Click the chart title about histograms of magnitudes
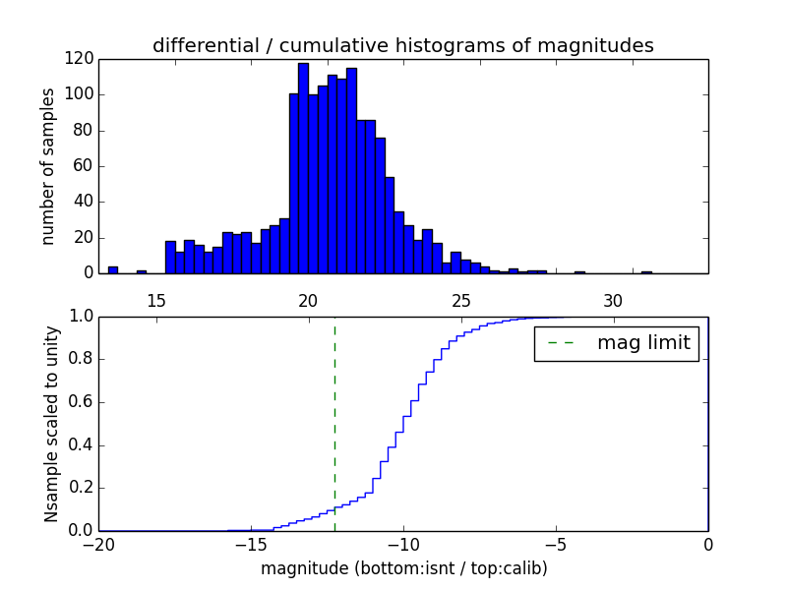402,45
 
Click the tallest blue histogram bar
303,168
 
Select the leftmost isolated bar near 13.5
113,269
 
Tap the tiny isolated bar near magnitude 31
646,272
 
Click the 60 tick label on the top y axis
86,166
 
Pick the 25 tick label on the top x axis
460,300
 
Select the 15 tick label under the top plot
155,300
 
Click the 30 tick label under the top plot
613,300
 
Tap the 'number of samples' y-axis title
48,166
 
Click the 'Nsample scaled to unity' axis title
51,424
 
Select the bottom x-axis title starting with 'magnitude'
403,568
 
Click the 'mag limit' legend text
643,344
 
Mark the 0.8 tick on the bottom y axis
82,360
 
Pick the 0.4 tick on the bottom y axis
82,445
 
